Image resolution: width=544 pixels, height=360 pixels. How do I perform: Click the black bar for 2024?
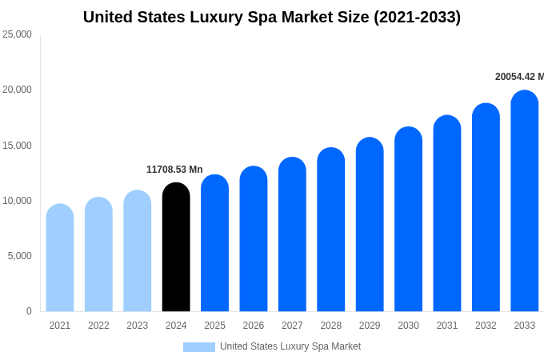tap(176, 247)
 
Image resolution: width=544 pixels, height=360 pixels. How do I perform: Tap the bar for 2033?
tap(524, 201)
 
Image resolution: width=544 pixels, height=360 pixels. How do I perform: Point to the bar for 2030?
tap(408, 219)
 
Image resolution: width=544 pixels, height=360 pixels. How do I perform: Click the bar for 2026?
tap(254, 239)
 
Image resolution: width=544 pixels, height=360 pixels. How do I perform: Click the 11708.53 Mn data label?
tap(174, 170)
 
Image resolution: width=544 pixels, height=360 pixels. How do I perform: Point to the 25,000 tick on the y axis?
tap(17, 34)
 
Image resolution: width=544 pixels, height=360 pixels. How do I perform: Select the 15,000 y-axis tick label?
tap(17, 146)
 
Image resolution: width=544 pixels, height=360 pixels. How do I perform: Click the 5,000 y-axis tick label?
tap(19, 256)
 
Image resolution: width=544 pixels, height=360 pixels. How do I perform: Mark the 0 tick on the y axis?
tap(29, 311)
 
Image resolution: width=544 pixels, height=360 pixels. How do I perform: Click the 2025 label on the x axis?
tap(214, 326)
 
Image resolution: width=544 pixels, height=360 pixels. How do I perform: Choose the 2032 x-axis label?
tap(486, 326)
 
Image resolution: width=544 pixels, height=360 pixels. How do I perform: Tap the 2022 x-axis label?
tap(98, 326)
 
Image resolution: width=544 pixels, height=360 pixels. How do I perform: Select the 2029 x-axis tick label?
tap(370, 326)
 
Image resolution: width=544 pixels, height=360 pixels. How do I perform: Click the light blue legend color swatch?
tap(199, 347)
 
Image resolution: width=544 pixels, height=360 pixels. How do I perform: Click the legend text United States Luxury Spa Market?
tap(290, 346)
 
